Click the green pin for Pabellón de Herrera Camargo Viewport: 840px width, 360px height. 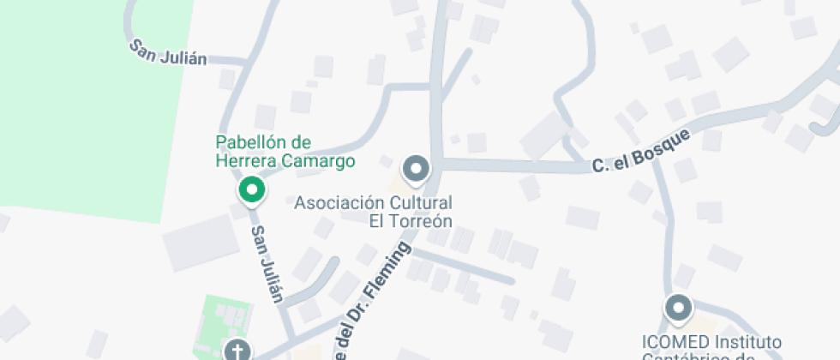[x=251, y=189]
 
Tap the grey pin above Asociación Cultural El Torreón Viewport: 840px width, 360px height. [x=417, y=168]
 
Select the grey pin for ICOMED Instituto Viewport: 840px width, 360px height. [x=679, y=307]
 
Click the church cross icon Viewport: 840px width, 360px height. [x=236, y=350]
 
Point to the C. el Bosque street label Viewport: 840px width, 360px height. [x=640, y=153]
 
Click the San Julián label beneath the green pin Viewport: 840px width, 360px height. [x=267, y=265]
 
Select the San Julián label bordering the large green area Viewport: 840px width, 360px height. [x=169, y=51]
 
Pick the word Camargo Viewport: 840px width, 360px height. [x=322, y=160]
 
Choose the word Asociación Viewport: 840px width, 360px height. [x=335, y=203]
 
